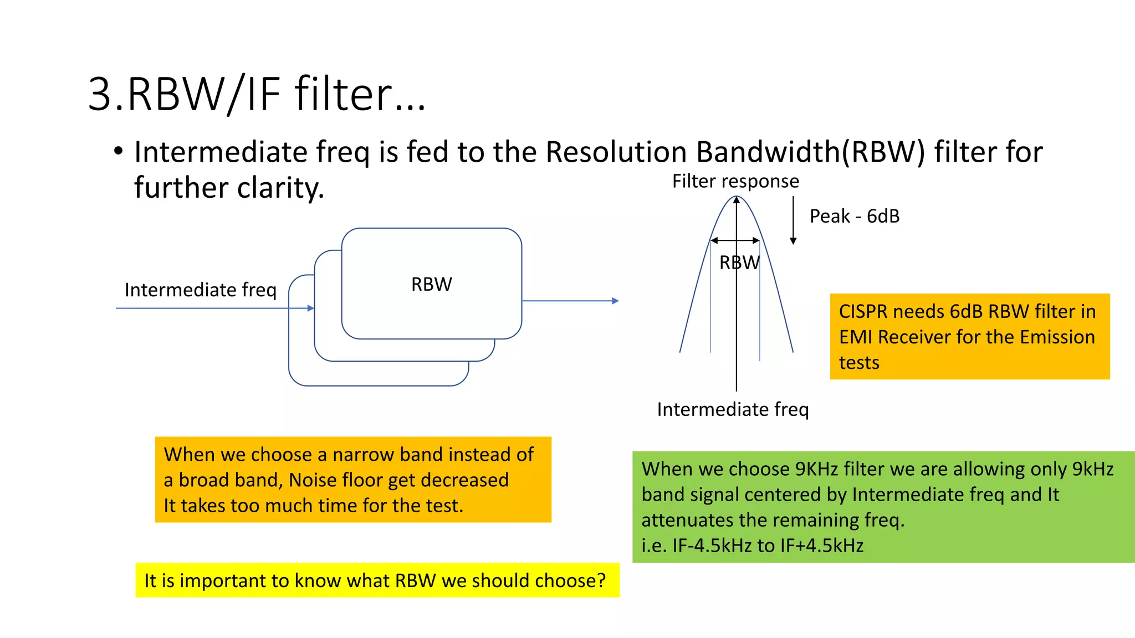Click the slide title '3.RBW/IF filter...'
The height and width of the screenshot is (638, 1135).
click(x=257, y=94)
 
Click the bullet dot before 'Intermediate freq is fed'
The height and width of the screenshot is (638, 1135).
click(x=118, y=151)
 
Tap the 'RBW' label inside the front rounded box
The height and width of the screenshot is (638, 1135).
click(x=431, y=284)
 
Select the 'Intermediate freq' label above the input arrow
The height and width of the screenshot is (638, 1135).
click(x=200, y=290)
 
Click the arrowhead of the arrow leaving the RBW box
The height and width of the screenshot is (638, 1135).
click(x=615, y=301)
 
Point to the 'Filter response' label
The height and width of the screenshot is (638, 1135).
click(x=735, y=181)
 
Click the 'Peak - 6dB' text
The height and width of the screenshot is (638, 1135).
click(x=854, y=216)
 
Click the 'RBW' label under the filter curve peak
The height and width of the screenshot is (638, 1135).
click(x=739, y=263)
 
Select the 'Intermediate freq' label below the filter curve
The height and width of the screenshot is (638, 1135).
click(x=733, y=409)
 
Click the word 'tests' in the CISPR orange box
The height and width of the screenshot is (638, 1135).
click(x=858, y=363)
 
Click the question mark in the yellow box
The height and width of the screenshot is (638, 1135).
click(x=601, y=580)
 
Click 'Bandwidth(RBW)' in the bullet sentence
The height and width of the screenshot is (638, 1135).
click(x=810, y=152)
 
